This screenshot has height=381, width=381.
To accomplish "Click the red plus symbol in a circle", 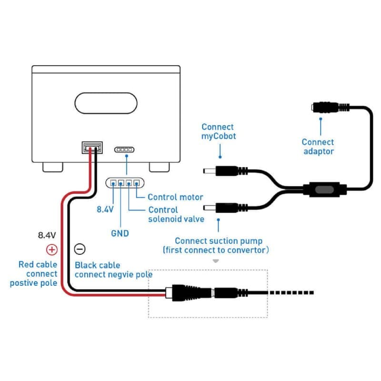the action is click(x=52, y=250).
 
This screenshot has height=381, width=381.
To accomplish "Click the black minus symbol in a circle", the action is click(x=80, y=249).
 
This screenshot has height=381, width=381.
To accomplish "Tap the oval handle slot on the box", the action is click(x=106, y=103).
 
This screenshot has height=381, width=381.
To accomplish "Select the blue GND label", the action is click(x=120, y=233).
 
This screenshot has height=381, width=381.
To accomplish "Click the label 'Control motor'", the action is click(x=175, y=197).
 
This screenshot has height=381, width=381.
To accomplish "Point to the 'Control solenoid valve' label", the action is click(x=176, y=214).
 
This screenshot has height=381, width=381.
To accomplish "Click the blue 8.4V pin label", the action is click(x=105, y=209).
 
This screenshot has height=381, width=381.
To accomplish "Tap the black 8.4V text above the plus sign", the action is click(x=47, y=235).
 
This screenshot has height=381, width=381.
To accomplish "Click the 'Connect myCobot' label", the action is click(x=219, y=131).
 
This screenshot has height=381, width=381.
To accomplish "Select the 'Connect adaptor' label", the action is click(x=318, y=147).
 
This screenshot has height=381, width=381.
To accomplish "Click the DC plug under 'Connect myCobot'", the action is click(x=225, y=171).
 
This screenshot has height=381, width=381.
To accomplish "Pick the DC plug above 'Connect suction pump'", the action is click(x=225, y=208).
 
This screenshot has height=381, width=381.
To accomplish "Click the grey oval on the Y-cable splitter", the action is click(x=324, y=190).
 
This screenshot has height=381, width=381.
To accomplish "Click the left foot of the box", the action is click(x=53, y=167).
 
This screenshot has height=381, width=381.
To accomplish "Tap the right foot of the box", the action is click(x=159, y=167).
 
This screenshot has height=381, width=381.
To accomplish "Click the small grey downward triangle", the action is click(x=216, y=261).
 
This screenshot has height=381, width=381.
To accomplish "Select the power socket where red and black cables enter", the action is click(x=92, y=148).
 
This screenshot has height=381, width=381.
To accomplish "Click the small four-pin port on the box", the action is click(x=124, y=150).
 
